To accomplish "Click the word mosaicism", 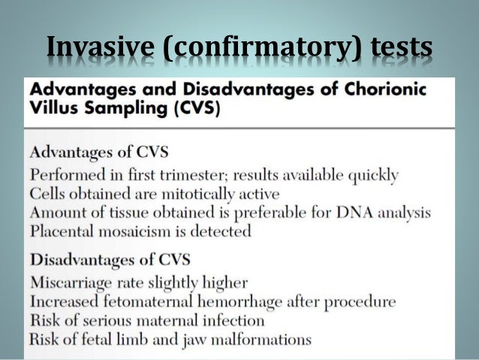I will click(x=131, y=231).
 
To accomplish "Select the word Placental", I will click(x=59, y=231).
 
